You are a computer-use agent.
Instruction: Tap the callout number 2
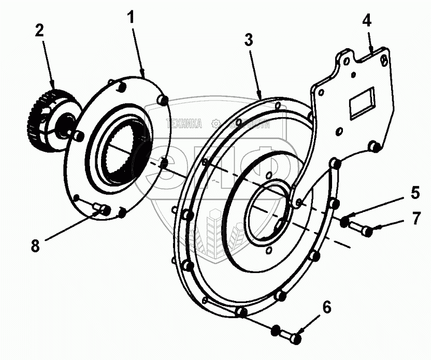click(x=39, y=31)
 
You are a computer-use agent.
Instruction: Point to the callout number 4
click(x=367, y=22)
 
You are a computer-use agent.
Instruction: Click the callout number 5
click(x=415, y=193)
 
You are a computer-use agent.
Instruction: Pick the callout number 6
click(x=326, y=307)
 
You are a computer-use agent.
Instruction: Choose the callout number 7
click(x=416, y=218)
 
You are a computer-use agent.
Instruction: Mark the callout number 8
click(x=35, y=246)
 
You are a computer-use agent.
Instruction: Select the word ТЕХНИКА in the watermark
click(x=183, y=123)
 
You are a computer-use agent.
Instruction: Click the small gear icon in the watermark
click(x=215, y=123)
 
